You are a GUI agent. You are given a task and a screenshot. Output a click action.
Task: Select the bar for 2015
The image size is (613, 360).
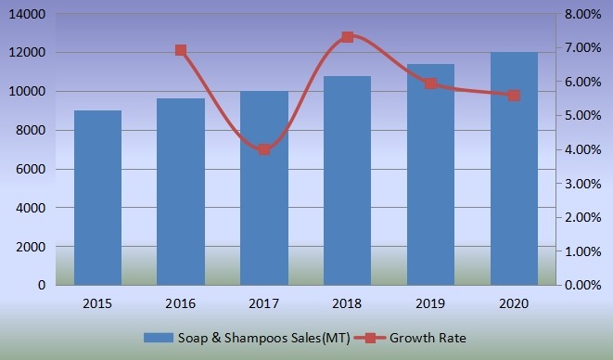point(97,198)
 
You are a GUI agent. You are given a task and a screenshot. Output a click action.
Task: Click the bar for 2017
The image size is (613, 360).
point(264,188)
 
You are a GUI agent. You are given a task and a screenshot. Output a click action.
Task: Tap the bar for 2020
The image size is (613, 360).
point(514,169)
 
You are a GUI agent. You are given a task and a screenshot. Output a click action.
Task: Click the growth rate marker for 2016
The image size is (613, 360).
point(181,50)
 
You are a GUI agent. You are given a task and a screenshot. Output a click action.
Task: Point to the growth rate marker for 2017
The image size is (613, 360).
point(264,149)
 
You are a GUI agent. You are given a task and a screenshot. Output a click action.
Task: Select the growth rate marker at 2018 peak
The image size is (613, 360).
point(347,37)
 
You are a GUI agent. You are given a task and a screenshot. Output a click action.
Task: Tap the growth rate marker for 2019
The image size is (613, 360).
point(430,84)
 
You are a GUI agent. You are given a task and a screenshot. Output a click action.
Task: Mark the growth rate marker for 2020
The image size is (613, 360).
point(514,95)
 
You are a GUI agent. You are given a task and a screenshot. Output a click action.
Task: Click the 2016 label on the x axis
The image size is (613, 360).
point(181,303)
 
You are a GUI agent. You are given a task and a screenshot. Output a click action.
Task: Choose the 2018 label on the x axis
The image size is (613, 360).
point(347,303)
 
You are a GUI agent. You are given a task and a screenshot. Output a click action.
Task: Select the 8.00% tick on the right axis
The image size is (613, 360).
point(585,14)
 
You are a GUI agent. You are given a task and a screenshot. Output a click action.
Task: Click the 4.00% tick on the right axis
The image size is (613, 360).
point(585,149)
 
